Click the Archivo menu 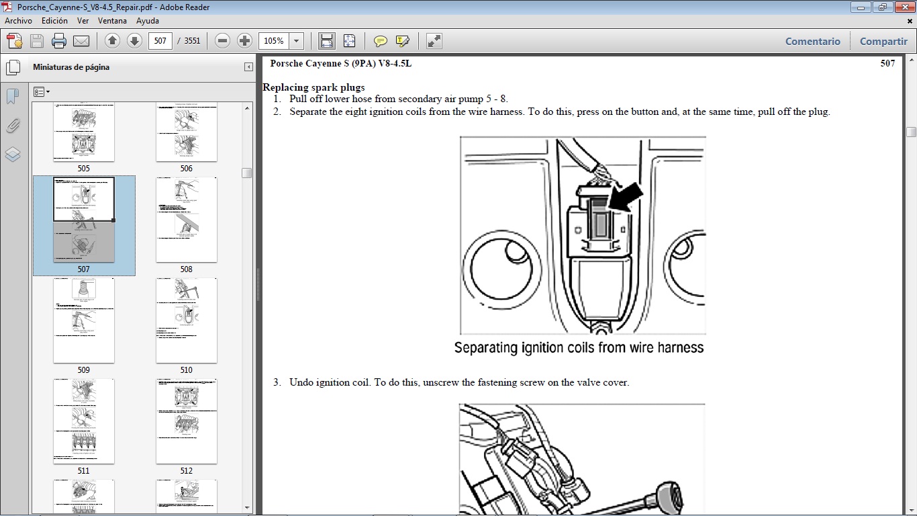tap(18, 21)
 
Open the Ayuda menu tap(148, 21)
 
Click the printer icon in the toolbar tap(59, 41)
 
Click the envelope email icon tap(81, 41)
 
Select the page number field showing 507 tap(160, 41)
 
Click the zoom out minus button tap(223, 41)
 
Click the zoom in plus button tap(245, 41)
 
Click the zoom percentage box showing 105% tap(274, 41)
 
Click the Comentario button tap(812, 41)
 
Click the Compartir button tap(883, 41)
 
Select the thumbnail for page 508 tap(186, 220)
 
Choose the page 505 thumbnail tap(84, 132)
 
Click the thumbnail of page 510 tap(186, 320)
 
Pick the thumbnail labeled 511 tap(84, 421)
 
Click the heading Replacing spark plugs tap(313, 87)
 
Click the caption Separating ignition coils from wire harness tap(579, 348)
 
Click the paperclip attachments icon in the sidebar tap(13, 126)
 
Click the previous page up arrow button tap(112, 41)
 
